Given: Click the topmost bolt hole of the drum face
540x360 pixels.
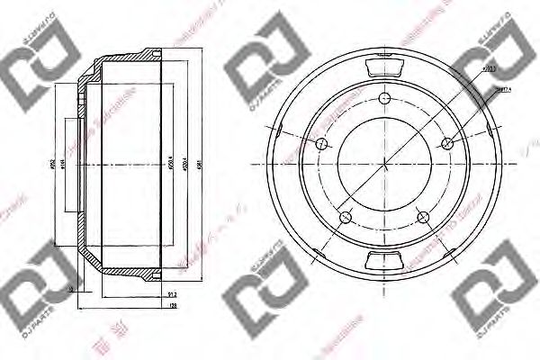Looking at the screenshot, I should (x=384, y=100).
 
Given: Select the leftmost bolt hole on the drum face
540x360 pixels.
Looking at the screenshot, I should (x=322, y=143).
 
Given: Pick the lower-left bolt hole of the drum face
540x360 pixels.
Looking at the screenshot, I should (x=346, y=215).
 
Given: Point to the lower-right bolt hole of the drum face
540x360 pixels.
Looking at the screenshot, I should (x=423, y=215).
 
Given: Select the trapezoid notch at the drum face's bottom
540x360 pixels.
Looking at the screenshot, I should (x=384, y=261).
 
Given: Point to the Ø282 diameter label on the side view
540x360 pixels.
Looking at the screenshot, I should (x=55, y=165).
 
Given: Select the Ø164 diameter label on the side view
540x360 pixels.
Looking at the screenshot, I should (x=75, y=165).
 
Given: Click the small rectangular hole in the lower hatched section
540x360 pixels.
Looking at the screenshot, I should (x=73, y=288).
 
